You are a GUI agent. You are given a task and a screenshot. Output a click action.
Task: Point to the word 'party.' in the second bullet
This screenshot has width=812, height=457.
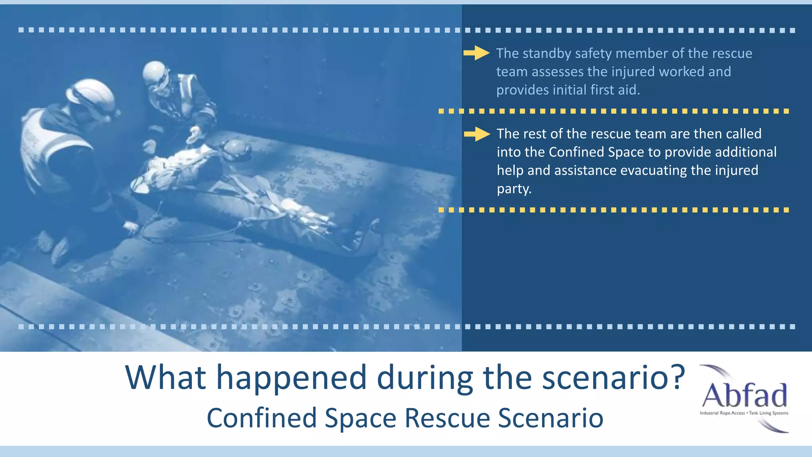[x=514, y=189]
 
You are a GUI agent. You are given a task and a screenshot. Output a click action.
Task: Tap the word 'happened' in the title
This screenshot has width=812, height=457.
[x=291, y=378]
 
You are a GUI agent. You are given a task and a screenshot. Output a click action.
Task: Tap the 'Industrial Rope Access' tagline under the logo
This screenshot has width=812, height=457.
[x=722, y=413]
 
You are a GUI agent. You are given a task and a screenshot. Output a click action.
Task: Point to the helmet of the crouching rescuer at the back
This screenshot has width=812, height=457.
[x=155, y=73]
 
